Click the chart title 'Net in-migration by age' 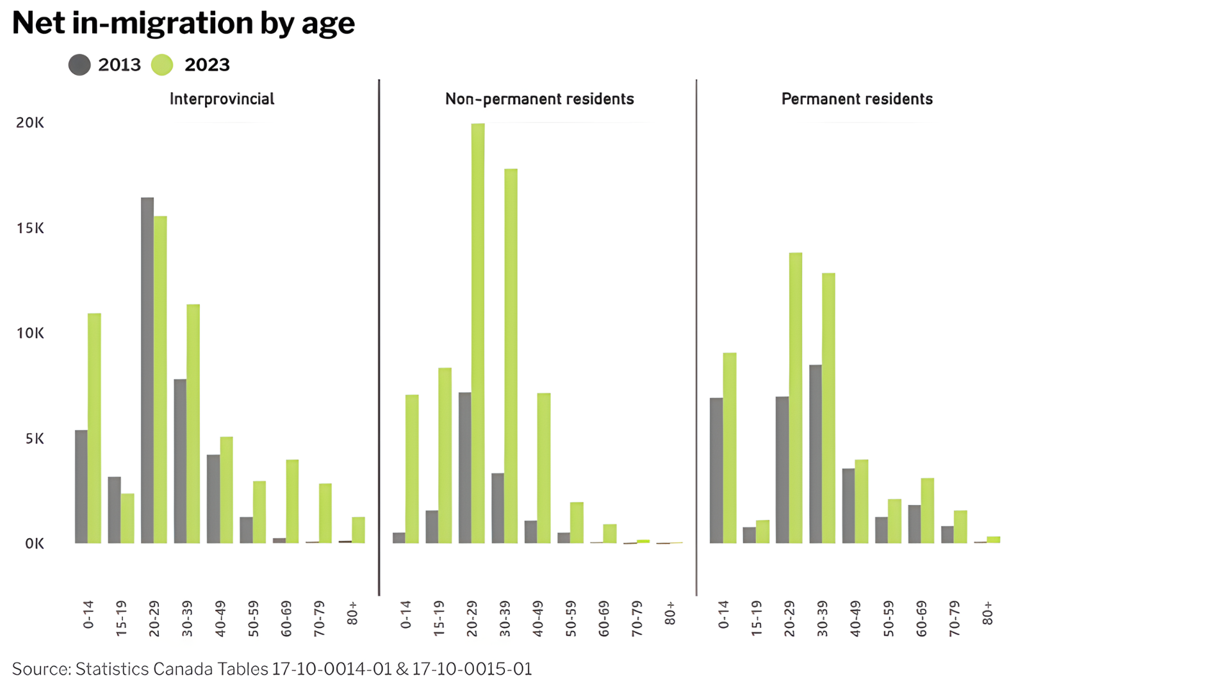183,24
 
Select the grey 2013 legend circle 79,65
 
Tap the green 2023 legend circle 162,65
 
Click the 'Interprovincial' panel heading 222,99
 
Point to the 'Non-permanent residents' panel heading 539,99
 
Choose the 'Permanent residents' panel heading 857,99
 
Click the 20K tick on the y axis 30,122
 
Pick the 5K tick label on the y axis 35,439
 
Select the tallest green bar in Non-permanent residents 478,333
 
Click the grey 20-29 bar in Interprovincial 147,370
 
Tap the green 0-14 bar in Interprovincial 94,428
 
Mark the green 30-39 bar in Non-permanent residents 511,356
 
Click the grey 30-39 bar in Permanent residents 816,454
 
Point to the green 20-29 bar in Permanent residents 796,398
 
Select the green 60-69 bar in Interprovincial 292,502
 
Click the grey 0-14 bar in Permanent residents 716,471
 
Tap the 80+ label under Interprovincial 352,613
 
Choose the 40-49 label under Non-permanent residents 538,618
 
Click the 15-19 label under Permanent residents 757,618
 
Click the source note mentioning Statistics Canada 272,669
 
